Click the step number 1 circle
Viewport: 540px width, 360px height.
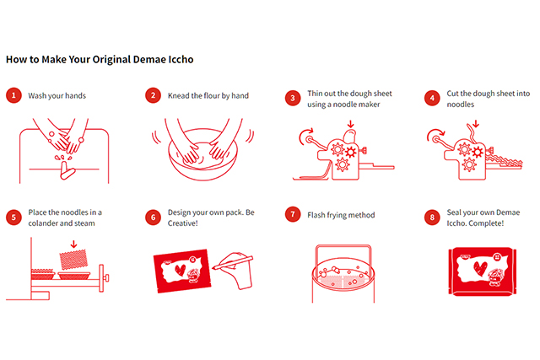[13, 95]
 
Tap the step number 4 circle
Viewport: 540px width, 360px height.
[432, 98]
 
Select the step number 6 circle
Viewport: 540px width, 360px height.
[154, 218]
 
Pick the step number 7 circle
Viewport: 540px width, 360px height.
[293, 214]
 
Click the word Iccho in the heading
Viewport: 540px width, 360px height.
[181, 60]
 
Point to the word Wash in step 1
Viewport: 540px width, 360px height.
[37, 95]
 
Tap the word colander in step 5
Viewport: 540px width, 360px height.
[43, 223]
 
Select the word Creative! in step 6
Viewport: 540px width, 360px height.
[182, 223]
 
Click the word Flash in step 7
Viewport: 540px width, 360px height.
[316, 215]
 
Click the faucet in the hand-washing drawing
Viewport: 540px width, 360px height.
[67, 170]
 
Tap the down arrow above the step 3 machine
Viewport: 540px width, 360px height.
[351, 124]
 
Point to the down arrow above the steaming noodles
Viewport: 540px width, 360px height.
[73, 244]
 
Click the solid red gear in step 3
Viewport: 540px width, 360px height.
[351, 152]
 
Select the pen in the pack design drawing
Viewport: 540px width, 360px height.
[233, 262]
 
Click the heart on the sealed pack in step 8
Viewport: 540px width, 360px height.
[480, 268]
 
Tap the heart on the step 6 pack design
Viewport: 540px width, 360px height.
[180, 270]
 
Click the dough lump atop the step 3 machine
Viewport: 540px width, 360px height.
[349, 136]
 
